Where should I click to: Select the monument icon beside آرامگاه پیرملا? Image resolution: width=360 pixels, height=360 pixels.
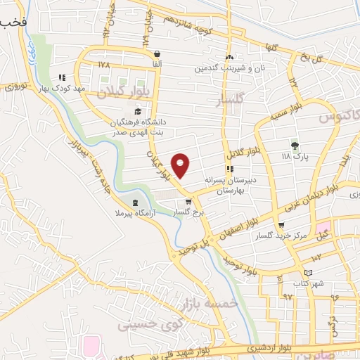pos(136,202)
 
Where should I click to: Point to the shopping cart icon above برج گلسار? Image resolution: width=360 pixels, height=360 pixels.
pos(188,202)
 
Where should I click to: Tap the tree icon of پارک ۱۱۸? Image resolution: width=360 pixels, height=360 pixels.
pos(295,145)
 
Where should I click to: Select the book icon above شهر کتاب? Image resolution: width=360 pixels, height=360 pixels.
pos(307,273)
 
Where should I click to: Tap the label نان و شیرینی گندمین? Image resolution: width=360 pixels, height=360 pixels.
pos(222,69)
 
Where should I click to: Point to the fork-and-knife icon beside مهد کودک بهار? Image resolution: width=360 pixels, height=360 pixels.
pos(62,78)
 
